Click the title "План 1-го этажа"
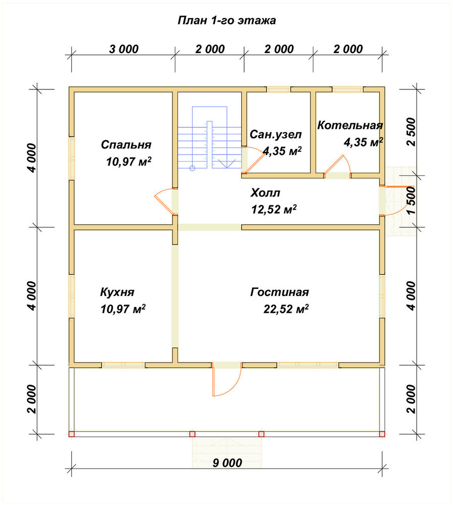[x=226, y=21]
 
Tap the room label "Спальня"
[x=126, y=144]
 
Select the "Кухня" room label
[x=117, y=292]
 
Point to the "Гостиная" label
[x=280, y=292]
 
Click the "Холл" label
[x=265, y=193]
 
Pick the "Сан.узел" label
[x=276, y=134]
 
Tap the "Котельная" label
[x=350, y=125]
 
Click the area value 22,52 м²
[x=286, y=309]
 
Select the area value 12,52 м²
[x=274, y=210]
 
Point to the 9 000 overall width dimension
[x=228, y=463]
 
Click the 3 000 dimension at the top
[x=123, y=49]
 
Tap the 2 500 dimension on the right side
[x=412, y=132]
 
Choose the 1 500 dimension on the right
[x=412, y=200]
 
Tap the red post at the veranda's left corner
[x=72, y=434]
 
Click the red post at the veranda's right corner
[x=382, y=434]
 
